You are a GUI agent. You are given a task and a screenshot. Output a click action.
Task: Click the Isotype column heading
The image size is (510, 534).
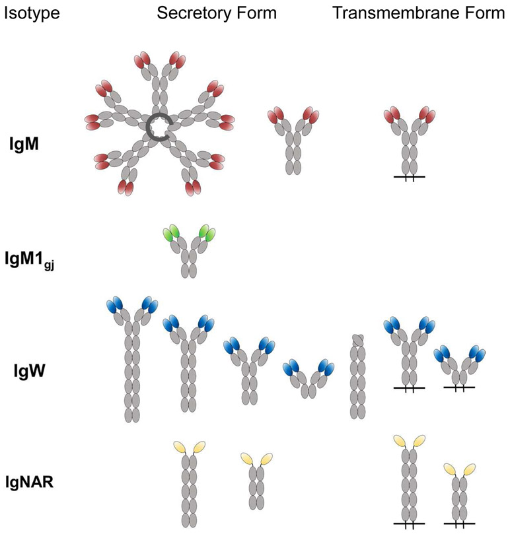pos(32,13)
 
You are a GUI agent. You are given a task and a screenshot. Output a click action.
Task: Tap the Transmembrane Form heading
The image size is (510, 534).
pos(419,13)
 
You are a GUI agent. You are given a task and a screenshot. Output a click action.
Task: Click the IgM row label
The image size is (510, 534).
pos(27,141)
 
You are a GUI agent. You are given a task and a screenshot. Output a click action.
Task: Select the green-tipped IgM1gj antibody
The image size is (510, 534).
pos(190,254)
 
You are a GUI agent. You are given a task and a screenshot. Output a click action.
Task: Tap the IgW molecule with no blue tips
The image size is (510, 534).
pos(357,376)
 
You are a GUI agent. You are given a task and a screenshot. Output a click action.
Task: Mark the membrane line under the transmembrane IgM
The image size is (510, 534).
pos(409,178)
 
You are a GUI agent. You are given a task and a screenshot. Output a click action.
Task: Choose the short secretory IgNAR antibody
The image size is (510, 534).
pos(256,482)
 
